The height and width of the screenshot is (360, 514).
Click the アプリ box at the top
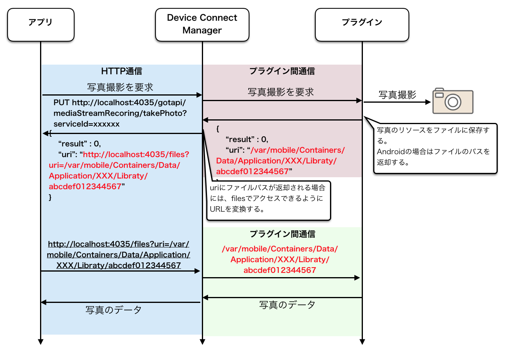(x=40, y=25)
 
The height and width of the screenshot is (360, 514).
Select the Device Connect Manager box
(x=202, y=24)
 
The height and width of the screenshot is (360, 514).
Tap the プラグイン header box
(x=362, y=25)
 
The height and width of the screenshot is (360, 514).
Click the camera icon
(x=453, y=101)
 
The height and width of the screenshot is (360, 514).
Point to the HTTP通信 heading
(x=122, y=71)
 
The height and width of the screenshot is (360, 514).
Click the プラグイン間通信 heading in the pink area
(x=282, y=71)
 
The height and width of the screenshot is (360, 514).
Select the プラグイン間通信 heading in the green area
(x=282, y=234)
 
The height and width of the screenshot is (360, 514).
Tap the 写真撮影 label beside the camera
(x=397, y=95)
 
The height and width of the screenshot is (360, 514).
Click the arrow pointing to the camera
(x=397, y=102)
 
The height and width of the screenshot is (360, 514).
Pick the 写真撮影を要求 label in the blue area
(x=120, y=87)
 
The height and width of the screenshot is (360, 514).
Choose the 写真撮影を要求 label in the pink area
(x=281, y=92)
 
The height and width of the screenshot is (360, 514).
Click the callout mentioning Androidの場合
(x=435, y=148)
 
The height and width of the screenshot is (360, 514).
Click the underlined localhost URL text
(x=119, y=255)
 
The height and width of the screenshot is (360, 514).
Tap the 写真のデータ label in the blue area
(x=113, y=310)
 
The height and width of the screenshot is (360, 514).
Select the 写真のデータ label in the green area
(x=287, y=305)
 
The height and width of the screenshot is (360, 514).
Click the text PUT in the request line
(x=61, y=103)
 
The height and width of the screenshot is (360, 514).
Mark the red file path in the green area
(x=280, y=259)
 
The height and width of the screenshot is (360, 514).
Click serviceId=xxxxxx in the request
(x=86, y=124)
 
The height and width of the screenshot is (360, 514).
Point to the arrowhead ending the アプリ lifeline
(x=40, y=341)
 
